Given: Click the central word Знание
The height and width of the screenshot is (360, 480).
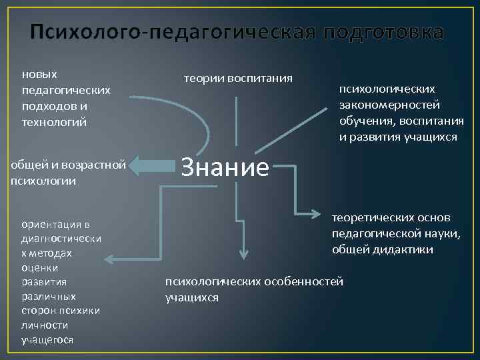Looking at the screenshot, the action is [x=225, y=168].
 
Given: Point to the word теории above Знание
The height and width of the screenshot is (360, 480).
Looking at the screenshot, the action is [x=204, y=79].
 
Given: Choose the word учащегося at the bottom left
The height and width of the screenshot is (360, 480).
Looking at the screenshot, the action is [x=47, y=340].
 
